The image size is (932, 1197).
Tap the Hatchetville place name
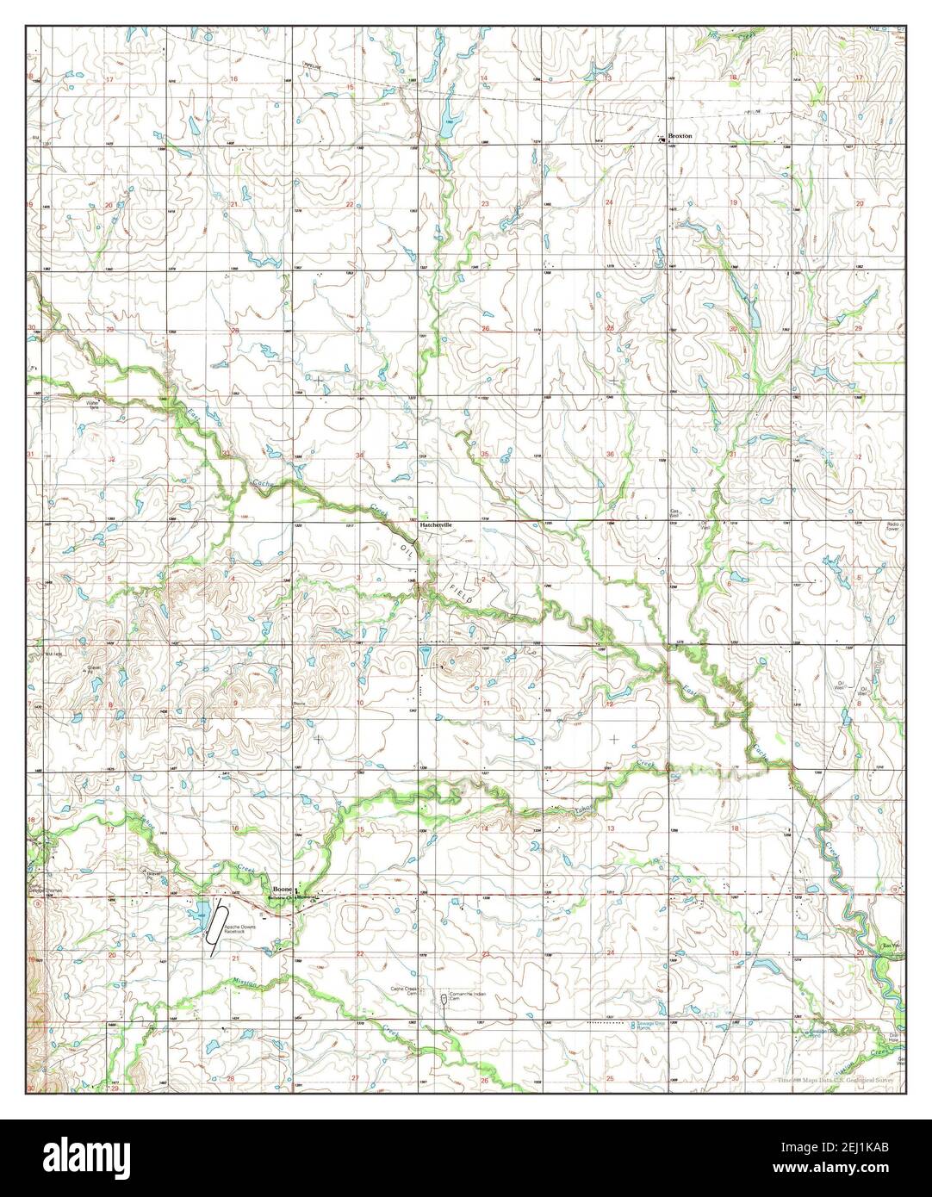click(x=437, y=524)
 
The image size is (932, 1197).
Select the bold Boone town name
click(x=281, y=889)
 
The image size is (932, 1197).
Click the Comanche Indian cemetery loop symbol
click(x=444, y=999)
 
